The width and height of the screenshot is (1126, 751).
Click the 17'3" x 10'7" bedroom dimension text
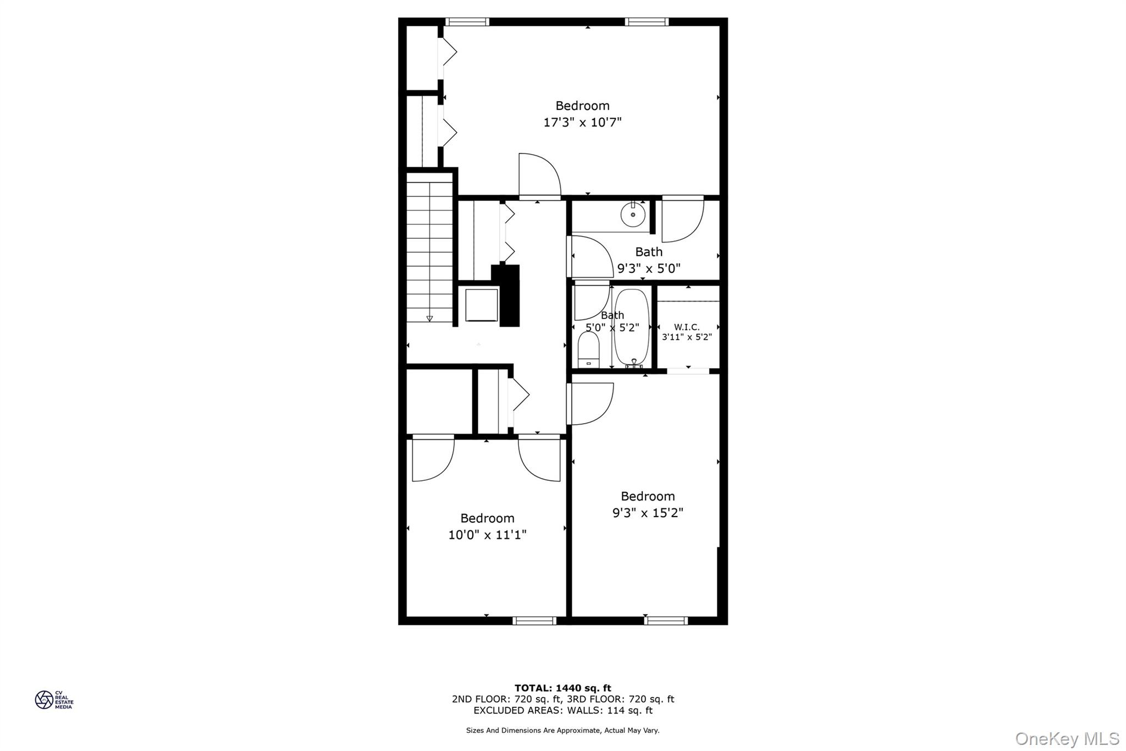(582, 122)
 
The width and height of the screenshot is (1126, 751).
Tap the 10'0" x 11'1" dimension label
(487, 535)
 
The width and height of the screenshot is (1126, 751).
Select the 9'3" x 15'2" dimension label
(648, 513)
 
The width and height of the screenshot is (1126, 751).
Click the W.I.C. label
(687, 327)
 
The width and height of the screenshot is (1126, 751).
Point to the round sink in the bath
(633, 215)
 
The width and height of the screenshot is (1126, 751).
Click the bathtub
(632, 328)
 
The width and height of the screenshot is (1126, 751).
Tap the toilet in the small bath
(588, 350)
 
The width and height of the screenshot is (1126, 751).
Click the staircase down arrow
(429, 319)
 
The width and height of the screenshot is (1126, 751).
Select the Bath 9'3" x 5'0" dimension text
(649, 268)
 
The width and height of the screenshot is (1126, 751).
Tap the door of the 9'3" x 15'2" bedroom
(590, 404)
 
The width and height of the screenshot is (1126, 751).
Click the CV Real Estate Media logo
(54, 700)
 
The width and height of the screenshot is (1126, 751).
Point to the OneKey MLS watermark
(1067, 738)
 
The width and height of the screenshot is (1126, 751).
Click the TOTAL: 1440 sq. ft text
(562, 688)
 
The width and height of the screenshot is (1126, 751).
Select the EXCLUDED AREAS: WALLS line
(562, 710)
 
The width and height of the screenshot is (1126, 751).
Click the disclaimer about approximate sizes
(562, 731)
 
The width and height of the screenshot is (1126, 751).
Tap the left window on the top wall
(467, 22)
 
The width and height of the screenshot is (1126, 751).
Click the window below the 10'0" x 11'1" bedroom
(534, 621)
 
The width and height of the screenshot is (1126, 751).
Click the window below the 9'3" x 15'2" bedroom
(666, 621)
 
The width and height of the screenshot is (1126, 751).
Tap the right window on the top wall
(647, 22)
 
